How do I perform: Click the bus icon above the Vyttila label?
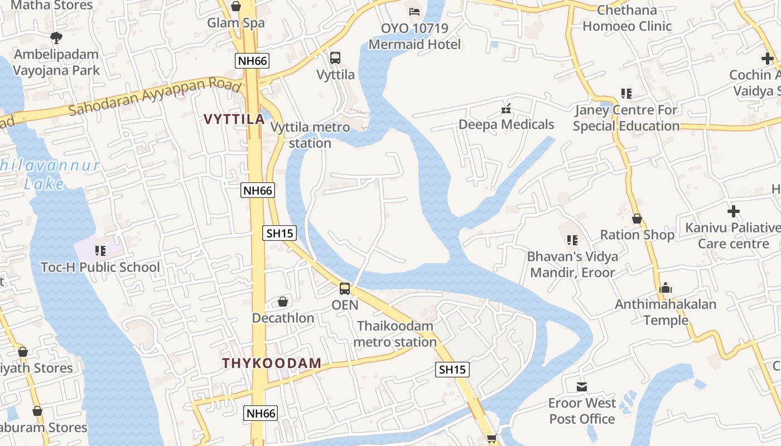pyautogui.click(x=335, y=57)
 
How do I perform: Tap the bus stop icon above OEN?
pyautogui.click(x=345, y=289)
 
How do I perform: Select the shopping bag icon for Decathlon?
pyautogui.click(x=283, y=302)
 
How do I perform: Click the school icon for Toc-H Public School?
pyautogui.click(x=100, y=251)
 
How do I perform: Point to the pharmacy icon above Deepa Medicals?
pyautogui.click(x=506, y=108)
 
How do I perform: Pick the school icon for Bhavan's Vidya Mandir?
pyautogui.click(x=572, y=240)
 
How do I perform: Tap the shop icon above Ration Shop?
pyautogui.click(x=637, y=219)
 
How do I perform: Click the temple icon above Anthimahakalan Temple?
pyautogui.click(x=665, y=288)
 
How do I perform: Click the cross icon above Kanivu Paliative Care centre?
pyautogui.click(x=734, y=211)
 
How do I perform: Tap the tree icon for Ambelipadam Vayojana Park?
pyautogui.click(x=56, y=38)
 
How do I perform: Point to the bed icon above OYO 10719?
pyautogui.click(x=414, y=11)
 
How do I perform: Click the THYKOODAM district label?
pyautogui.click(x=272, y=363)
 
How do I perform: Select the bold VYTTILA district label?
pyautogui.click(x=234, y=119)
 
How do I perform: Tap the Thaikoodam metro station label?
pyautogui.click(x=395, y=333)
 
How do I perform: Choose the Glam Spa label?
pyautogui.click(x=236, y=23)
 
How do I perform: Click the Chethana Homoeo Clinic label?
pyautogui.click(x=627, y=18)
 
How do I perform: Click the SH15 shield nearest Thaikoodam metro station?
pyautogui.click(x=452, y=369)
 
